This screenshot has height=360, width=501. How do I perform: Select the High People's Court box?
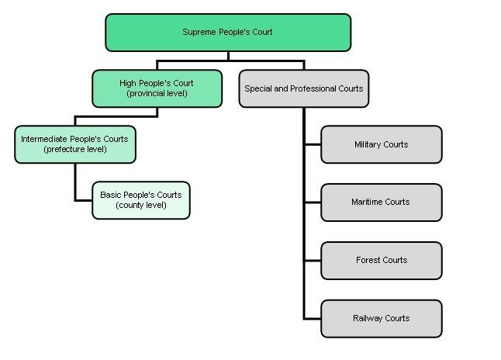[x=157, y=88]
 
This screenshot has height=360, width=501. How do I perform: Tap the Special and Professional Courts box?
[x=303, y=88]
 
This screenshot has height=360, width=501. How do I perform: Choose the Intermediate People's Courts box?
[x=74, y=144]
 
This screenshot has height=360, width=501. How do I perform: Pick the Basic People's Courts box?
[x=140, y=200]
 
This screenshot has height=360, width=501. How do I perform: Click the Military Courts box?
[x=381, y=144]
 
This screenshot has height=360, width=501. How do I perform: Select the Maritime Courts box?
[x=381, y=202]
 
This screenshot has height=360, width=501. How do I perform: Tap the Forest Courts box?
[x=381, y=261]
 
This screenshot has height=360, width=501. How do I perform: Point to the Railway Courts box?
[x=381, y=318]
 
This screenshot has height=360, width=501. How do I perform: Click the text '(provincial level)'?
[x=157, y=94]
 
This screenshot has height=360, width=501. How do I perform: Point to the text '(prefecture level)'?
[x=74, y=149]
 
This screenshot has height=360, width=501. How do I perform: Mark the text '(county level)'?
[x=140, y=206]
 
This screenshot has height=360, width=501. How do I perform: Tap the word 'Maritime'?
[x=368, y=202]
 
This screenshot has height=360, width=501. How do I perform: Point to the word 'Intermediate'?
[x=46, y=139]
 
